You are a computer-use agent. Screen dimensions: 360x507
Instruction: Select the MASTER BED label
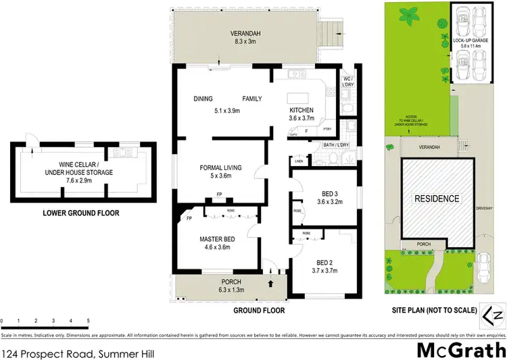coord(216,238)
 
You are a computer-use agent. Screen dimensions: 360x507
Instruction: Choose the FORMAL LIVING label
coord(220,168)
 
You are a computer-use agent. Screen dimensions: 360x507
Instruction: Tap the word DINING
coord(203,99)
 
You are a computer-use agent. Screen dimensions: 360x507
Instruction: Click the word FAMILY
coord(252,99)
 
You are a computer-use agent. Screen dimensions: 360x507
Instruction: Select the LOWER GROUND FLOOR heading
coord(80,213)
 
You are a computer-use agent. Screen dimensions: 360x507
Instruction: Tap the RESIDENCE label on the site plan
coord(437,199)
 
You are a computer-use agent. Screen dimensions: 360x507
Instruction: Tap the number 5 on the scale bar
coord(88,320)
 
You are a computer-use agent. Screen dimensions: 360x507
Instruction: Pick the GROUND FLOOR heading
coord(260,311)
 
